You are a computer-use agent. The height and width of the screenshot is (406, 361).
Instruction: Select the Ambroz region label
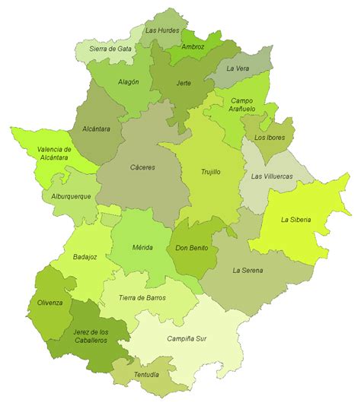tap(193, 46)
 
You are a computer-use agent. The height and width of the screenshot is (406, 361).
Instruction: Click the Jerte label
tap(183, 82)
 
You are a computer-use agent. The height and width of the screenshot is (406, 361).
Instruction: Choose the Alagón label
tap(129, 82)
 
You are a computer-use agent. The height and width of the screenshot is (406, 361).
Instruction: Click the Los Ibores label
tap(270, 138)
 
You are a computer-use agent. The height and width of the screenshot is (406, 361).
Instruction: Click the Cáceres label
tap(142, 167)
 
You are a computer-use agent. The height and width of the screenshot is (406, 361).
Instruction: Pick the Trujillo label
tap(210, 172)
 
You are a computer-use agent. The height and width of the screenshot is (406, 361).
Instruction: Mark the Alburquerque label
tap(66, 196)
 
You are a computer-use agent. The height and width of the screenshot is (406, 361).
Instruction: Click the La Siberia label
tap(296, 220)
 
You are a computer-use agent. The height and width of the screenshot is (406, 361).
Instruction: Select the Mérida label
tap(142, 247)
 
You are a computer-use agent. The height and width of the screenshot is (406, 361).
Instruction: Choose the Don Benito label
tap(191, 247)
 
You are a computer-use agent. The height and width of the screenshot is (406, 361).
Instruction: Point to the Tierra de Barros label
tap(142, 298)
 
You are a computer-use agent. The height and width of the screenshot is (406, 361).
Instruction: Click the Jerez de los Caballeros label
tap(80, 336)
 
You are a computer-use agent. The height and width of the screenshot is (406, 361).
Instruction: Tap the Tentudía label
tap(146, 374)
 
